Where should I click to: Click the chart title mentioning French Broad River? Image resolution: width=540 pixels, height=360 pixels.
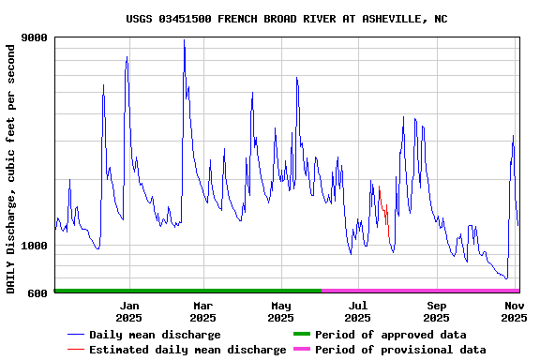286,19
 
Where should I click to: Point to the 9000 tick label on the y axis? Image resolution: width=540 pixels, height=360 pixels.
35,37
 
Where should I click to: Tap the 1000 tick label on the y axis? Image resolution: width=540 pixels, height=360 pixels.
35,246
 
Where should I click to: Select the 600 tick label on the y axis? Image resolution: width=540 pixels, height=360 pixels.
38,293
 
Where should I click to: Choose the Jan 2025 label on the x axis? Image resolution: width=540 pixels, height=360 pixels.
129,311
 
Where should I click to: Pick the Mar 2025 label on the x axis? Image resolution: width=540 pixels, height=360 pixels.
202,311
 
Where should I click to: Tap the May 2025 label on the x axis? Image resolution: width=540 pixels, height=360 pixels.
280,311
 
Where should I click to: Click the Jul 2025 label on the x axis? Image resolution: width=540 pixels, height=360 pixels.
357,311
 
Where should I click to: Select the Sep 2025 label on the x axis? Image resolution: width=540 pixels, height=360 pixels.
436,311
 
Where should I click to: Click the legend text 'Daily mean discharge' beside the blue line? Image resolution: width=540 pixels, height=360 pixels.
155,335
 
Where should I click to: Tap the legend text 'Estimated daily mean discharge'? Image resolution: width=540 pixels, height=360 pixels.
187,350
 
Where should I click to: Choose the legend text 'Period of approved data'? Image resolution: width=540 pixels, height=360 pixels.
390,335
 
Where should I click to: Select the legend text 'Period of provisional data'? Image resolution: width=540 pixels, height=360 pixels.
400,350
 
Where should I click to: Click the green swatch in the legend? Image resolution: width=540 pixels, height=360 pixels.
301,334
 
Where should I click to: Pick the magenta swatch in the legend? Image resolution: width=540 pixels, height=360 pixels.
301,349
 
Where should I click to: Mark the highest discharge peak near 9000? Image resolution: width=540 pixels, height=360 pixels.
184,41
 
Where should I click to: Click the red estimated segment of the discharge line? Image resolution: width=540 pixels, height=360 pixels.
384,211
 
